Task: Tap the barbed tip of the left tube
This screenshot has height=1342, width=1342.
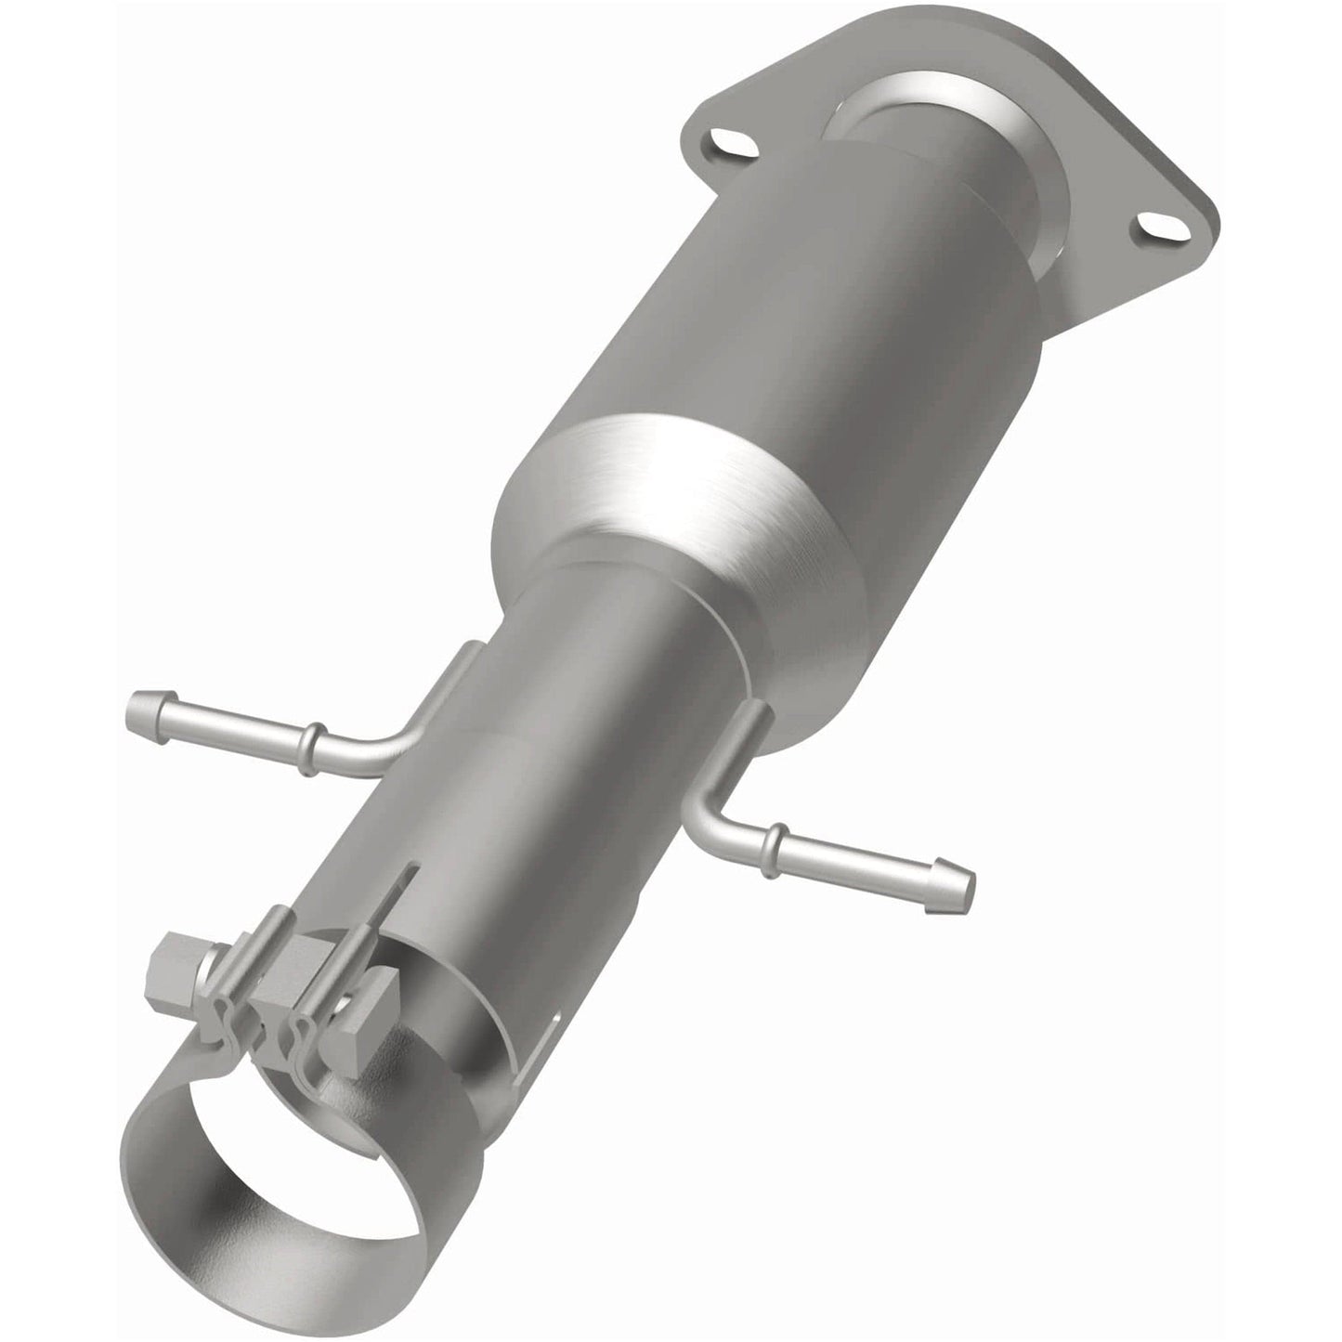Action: pyautogui.click(x=149, y=712)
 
